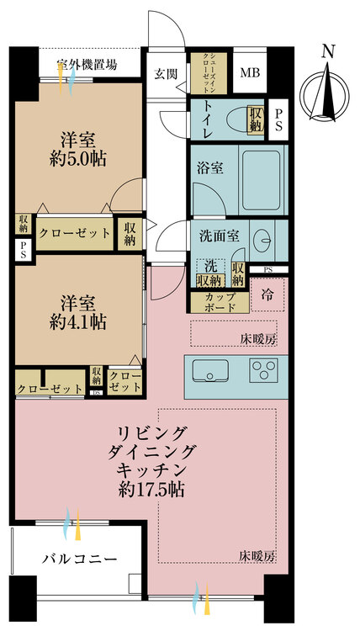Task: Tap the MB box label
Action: coord(249,73)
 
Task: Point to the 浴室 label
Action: coord(211,167)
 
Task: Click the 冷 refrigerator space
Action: coord(267,294)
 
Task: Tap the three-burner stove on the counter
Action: coord(265,371)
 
